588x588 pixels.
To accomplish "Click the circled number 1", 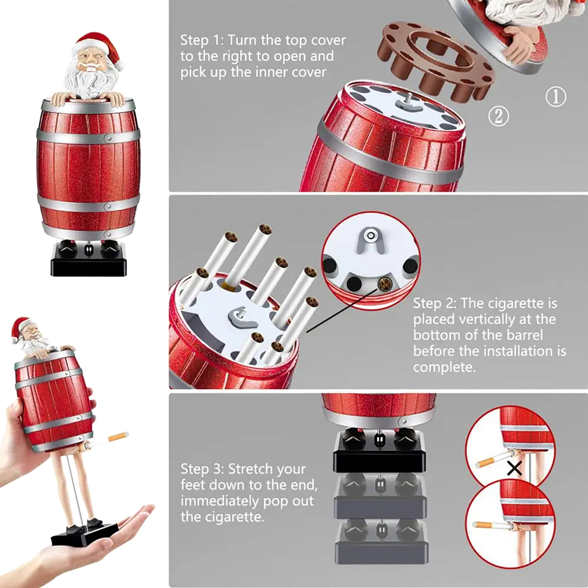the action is (x=556, y=97).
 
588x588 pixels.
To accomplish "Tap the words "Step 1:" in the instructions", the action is (x=202, y=40).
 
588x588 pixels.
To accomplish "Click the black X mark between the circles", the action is (x=514, y=468).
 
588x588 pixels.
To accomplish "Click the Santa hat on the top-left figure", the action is (x=97, y=47).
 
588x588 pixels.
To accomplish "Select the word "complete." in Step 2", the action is (x=444, y=367).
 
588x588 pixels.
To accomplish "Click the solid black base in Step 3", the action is (x=379, y=451).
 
